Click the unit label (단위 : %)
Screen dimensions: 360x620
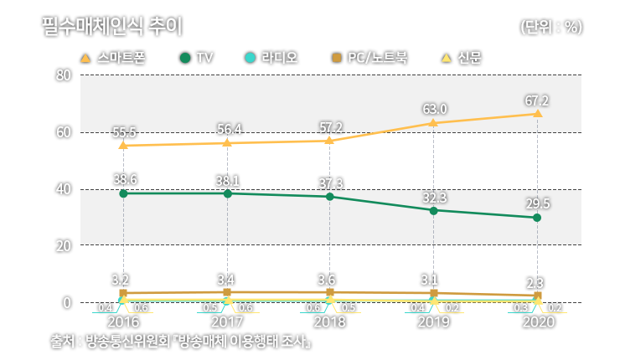(550, 27)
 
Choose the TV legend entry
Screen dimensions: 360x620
(198, 59)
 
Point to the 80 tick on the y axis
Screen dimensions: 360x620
(62, 75)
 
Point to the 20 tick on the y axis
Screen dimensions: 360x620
(62, 246)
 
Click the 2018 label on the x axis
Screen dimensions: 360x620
(329, 322)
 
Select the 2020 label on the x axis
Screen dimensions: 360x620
(537, 322)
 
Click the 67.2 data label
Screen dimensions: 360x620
(536, 100)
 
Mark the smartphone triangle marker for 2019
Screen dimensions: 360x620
(433, 122)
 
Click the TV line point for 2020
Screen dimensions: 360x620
(536, 218)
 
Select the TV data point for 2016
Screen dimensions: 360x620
(123, 193)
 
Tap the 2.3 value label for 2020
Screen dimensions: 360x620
(536, 282)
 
